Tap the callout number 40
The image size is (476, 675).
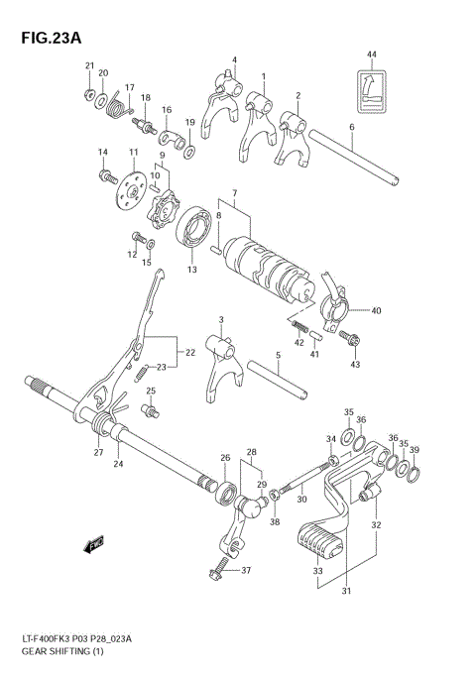point(376,309)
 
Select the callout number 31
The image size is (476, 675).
point(346,594)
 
